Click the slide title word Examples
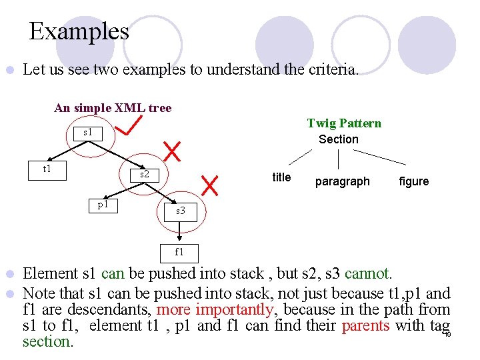[79, 31]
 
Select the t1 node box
[47, 169]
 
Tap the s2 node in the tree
[144, 175]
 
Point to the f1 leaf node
[179, 253]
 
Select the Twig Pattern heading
[344, 123]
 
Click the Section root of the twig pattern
[338, 139]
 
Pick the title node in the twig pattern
[281, 177]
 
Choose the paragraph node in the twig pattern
[342, 181]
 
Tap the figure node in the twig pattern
[413, 181]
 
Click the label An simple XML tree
[113, 108]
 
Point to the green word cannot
[369, 273]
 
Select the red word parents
[365, 325]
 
